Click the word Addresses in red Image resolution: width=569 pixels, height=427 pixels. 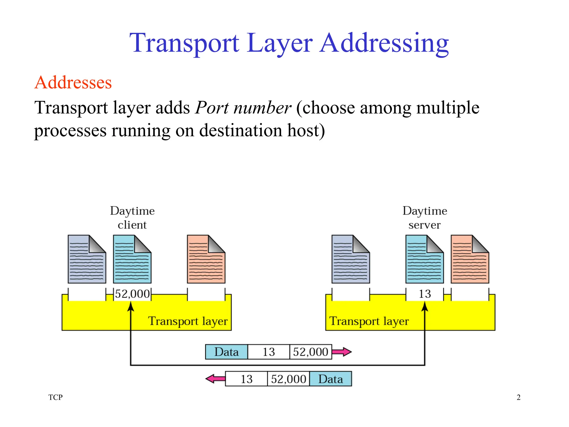[73, 83]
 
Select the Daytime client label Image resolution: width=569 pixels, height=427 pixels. [132, 218]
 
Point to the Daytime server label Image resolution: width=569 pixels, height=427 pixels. [425, 218]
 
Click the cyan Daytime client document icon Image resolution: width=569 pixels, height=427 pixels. [132, 259]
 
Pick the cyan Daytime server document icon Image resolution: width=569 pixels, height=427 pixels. [424, 259]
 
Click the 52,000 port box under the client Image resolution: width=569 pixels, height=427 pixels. [132, 294]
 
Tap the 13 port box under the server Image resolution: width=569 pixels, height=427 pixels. [425, 294]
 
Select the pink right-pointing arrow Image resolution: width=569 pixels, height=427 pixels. [342, 352]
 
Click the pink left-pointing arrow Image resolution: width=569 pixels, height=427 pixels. [215, 379]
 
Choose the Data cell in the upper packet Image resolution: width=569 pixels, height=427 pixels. [226, 352]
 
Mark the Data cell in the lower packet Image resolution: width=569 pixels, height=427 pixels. [331, 379]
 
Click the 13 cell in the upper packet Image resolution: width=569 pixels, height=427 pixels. [269, 352]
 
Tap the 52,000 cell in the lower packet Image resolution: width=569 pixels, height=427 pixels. [288, 379]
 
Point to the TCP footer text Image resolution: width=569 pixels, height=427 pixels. [55, 397]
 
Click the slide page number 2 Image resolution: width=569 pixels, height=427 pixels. [518, 397]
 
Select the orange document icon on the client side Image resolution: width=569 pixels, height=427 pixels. [206, 259]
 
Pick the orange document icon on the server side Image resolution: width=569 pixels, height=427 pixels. [470, 259]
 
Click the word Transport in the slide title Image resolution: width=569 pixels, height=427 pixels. [184, 43]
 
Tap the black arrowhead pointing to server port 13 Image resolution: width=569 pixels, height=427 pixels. [425, 306]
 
